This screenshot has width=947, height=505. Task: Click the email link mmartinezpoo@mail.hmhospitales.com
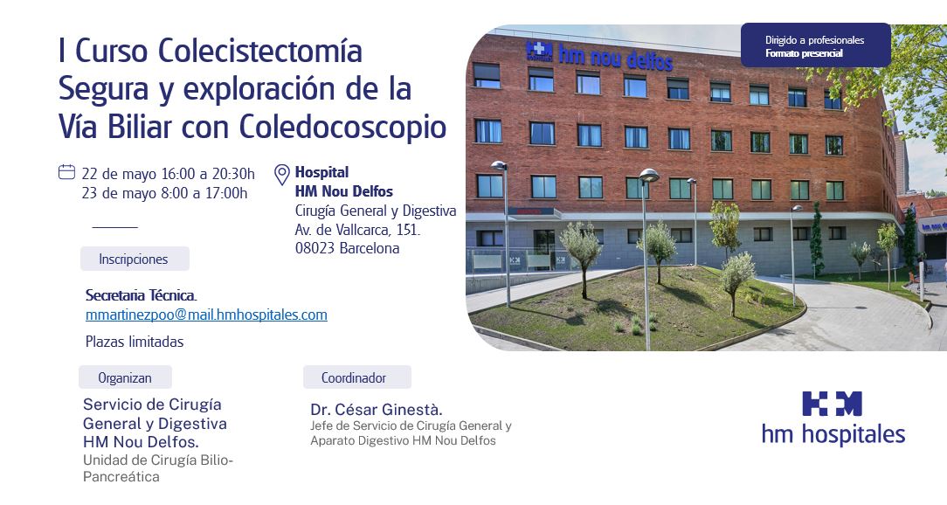coord(206,315)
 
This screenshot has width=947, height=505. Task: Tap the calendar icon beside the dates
coord(66,172)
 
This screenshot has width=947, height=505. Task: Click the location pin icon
coord(282,175)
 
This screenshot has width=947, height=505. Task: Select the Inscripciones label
coord(135,259)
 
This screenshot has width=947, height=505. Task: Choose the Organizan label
coord(125,377)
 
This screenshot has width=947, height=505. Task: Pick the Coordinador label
coord(357,377)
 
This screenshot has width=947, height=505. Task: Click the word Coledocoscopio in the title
coord(343,127)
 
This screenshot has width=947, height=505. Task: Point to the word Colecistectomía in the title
coord(260,50)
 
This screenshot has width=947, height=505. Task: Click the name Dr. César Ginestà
coord(377,410)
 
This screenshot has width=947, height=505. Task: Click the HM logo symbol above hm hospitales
coord(832,404)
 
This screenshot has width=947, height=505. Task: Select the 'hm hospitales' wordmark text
coord(833,434)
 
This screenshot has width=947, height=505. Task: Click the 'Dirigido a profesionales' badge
coord(815,45)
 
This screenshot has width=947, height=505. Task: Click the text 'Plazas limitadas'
coord(135,342)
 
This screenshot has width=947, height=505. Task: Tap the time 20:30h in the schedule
coord(234,174)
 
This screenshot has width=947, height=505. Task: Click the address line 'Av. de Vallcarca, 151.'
coord(357,230)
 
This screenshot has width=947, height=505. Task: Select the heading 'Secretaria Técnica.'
coord(142,295)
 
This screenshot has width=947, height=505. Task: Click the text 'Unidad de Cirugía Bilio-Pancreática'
coord(158,468)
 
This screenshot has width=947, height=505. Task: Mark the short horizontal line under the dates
coord(114,227)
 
